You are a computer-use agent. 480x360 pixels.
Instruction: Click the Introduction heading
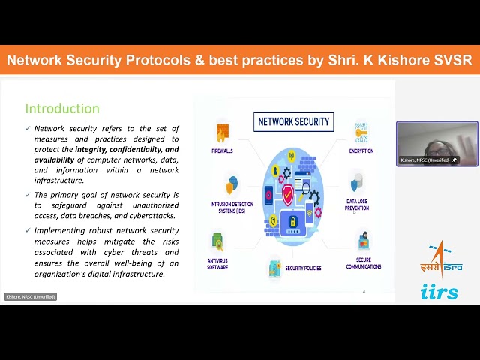point(62,109)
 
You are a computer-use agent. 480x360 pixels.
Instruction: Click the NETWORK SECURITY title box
point(293,121)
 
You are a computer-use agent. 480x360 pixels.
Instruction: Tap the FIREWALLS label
point(222,151)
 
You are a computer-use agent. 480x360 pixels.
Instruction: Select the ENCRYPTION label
point(361,151)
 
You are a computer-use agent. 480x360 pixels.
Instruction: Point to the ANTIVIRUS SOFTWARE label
point(217,263)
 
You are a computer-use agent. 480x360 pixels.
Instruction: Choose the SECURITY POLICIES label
point(302,268)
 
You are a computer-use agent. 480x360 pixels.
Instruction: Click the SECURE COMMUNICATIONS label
point(364,263)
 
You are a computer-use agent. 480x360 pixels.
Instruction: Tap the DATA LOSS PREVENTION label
point(357,205)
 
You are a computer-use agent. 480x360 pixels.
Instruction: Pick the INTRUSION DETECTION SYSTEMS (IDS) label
point(231,207)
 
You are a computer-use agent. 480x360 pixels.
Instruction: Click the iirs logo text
point(439,292)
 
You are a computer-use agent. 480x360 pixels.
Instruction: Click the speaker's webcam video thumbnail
point(436,143)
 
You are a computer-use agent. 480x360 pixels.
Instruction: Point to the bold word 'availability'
point(55,160)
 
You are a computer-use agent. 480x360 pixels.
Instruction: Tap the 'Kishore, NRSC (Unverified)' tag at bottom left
point(31,296)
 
